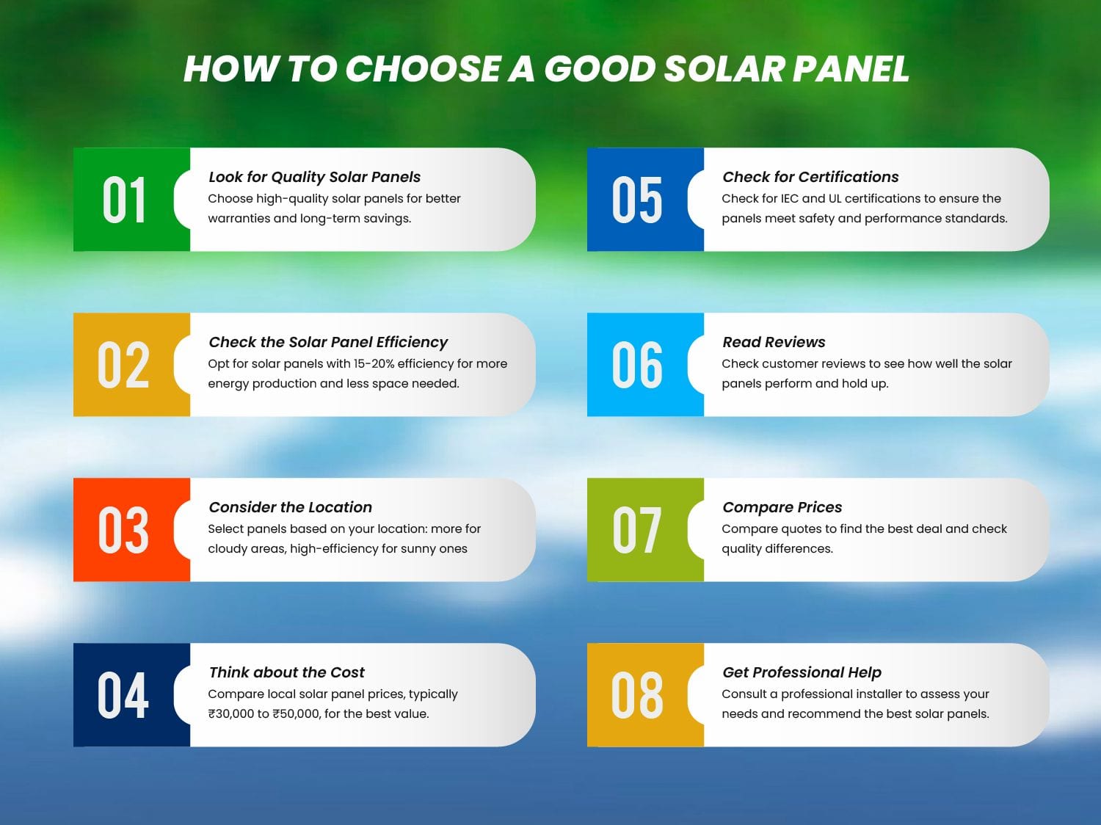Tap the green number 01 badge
pyautogui.click(x=125, y=200)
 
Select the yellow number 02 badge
pyautogui.click(x=124, y=365)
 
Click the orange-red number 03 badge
pyautogui.click(x=124, y=530)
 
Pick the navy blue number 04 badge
pyautogui.click(x=124, y=695)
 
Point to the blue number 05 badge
pyautogui.click(x=638, y=200)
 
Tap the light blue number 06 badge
pyautogui.click(x=638, y=365)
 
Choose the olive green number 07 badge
pyautogui.click(x=638, y=530)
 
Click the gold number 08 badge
pyautogui.click(x=638, y=695)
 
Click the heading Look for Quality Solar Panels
pyautogui.click(x=314, y=177)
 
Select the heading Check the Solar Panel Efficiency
pyautogui.click(x=328, y=342)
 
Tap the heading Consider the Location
pyautogui.click(x=290, y=507)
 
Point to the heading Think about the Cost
pyautogui.click(x=286, y=672)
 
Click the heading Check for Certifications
pyautogui.click(x=810, y=177)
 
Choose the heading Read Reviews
pyautogui.click(x=774, y=342)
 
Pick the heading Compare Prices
pyautogui.click(x=782, y=507)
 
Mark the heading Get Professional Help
pyautogui.click(x=802, y=672)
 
